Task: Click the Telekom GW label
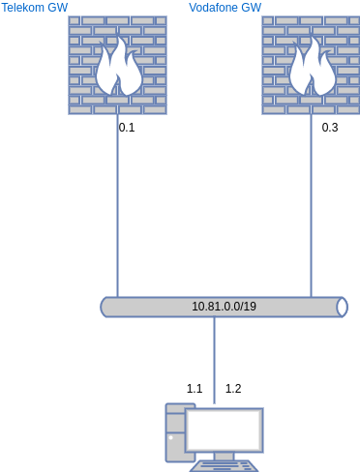coord(35,8)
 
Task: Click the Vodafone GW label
coord(225,8)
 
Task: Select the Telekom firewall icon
coord(117,65)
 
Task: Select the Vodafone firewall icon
coord(311,65)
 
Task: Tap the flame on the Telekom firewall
coord(118,68)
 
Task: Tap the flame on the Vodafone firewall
coord(312,68)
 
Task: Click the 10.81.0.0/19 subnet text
coord(224,307)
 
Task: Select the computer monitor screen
coord(225,429)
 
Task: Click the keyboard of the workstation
coord(224,466)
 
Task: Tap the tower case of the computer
coord(175,432)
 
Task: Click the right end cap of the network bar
coord(342,307)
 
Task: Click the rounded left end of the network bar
coord(105,307)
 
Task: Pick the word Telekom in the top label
coord(23,8)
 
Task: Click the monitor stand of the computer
coord(224,456)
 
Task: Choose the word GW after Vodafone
coord(251,8)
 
